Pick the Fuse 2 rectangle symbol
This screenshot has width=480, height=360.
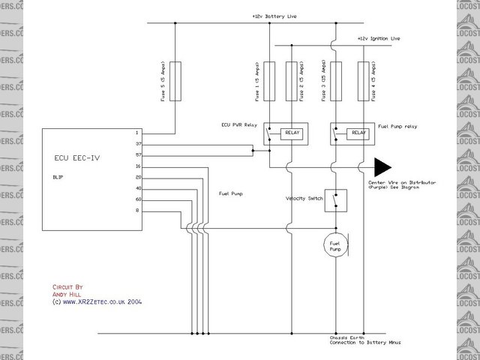point(292,82)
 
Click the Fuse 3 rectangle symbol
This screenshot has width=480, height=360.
point(337,82)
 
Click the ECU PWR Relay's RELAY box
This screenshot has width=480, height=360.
point(290,133)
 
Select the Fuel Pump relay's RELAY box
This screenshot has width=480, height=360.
point(358,133)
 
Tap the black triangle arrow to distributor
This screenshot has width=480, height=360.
point(384,166)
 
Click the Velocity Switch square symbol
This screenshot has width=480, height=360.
point(336,199)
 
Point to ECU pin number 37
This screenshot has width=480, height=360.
point(138,144)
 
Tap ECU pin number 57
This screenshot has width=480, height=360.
point(138,154)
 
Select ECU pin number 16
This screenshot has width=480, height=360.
point(138,166)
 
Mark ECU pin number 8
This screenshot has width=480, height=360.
point(138,211)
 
